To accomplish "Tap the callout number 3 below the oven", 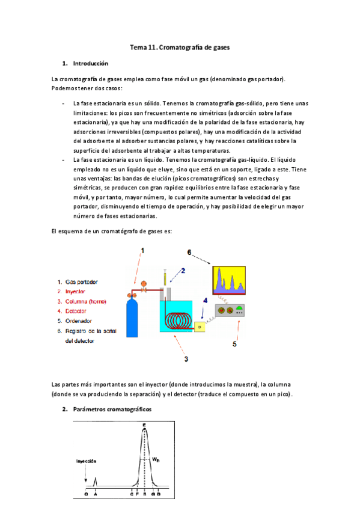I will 186,358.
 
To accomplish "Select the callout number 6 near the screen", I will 189,253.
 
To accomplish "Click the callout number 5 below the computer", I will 235,345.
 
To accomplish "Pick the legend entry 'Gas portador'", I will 82,281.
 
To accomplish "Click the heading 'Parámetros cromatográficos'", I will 112,410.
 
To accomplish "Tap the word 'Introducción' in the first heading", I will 90,63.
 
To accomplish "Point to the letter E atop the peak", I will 144,425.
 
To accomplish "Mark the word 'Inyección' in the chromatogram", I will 87,461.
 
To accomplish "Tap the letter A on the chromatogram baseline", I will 97,494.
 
